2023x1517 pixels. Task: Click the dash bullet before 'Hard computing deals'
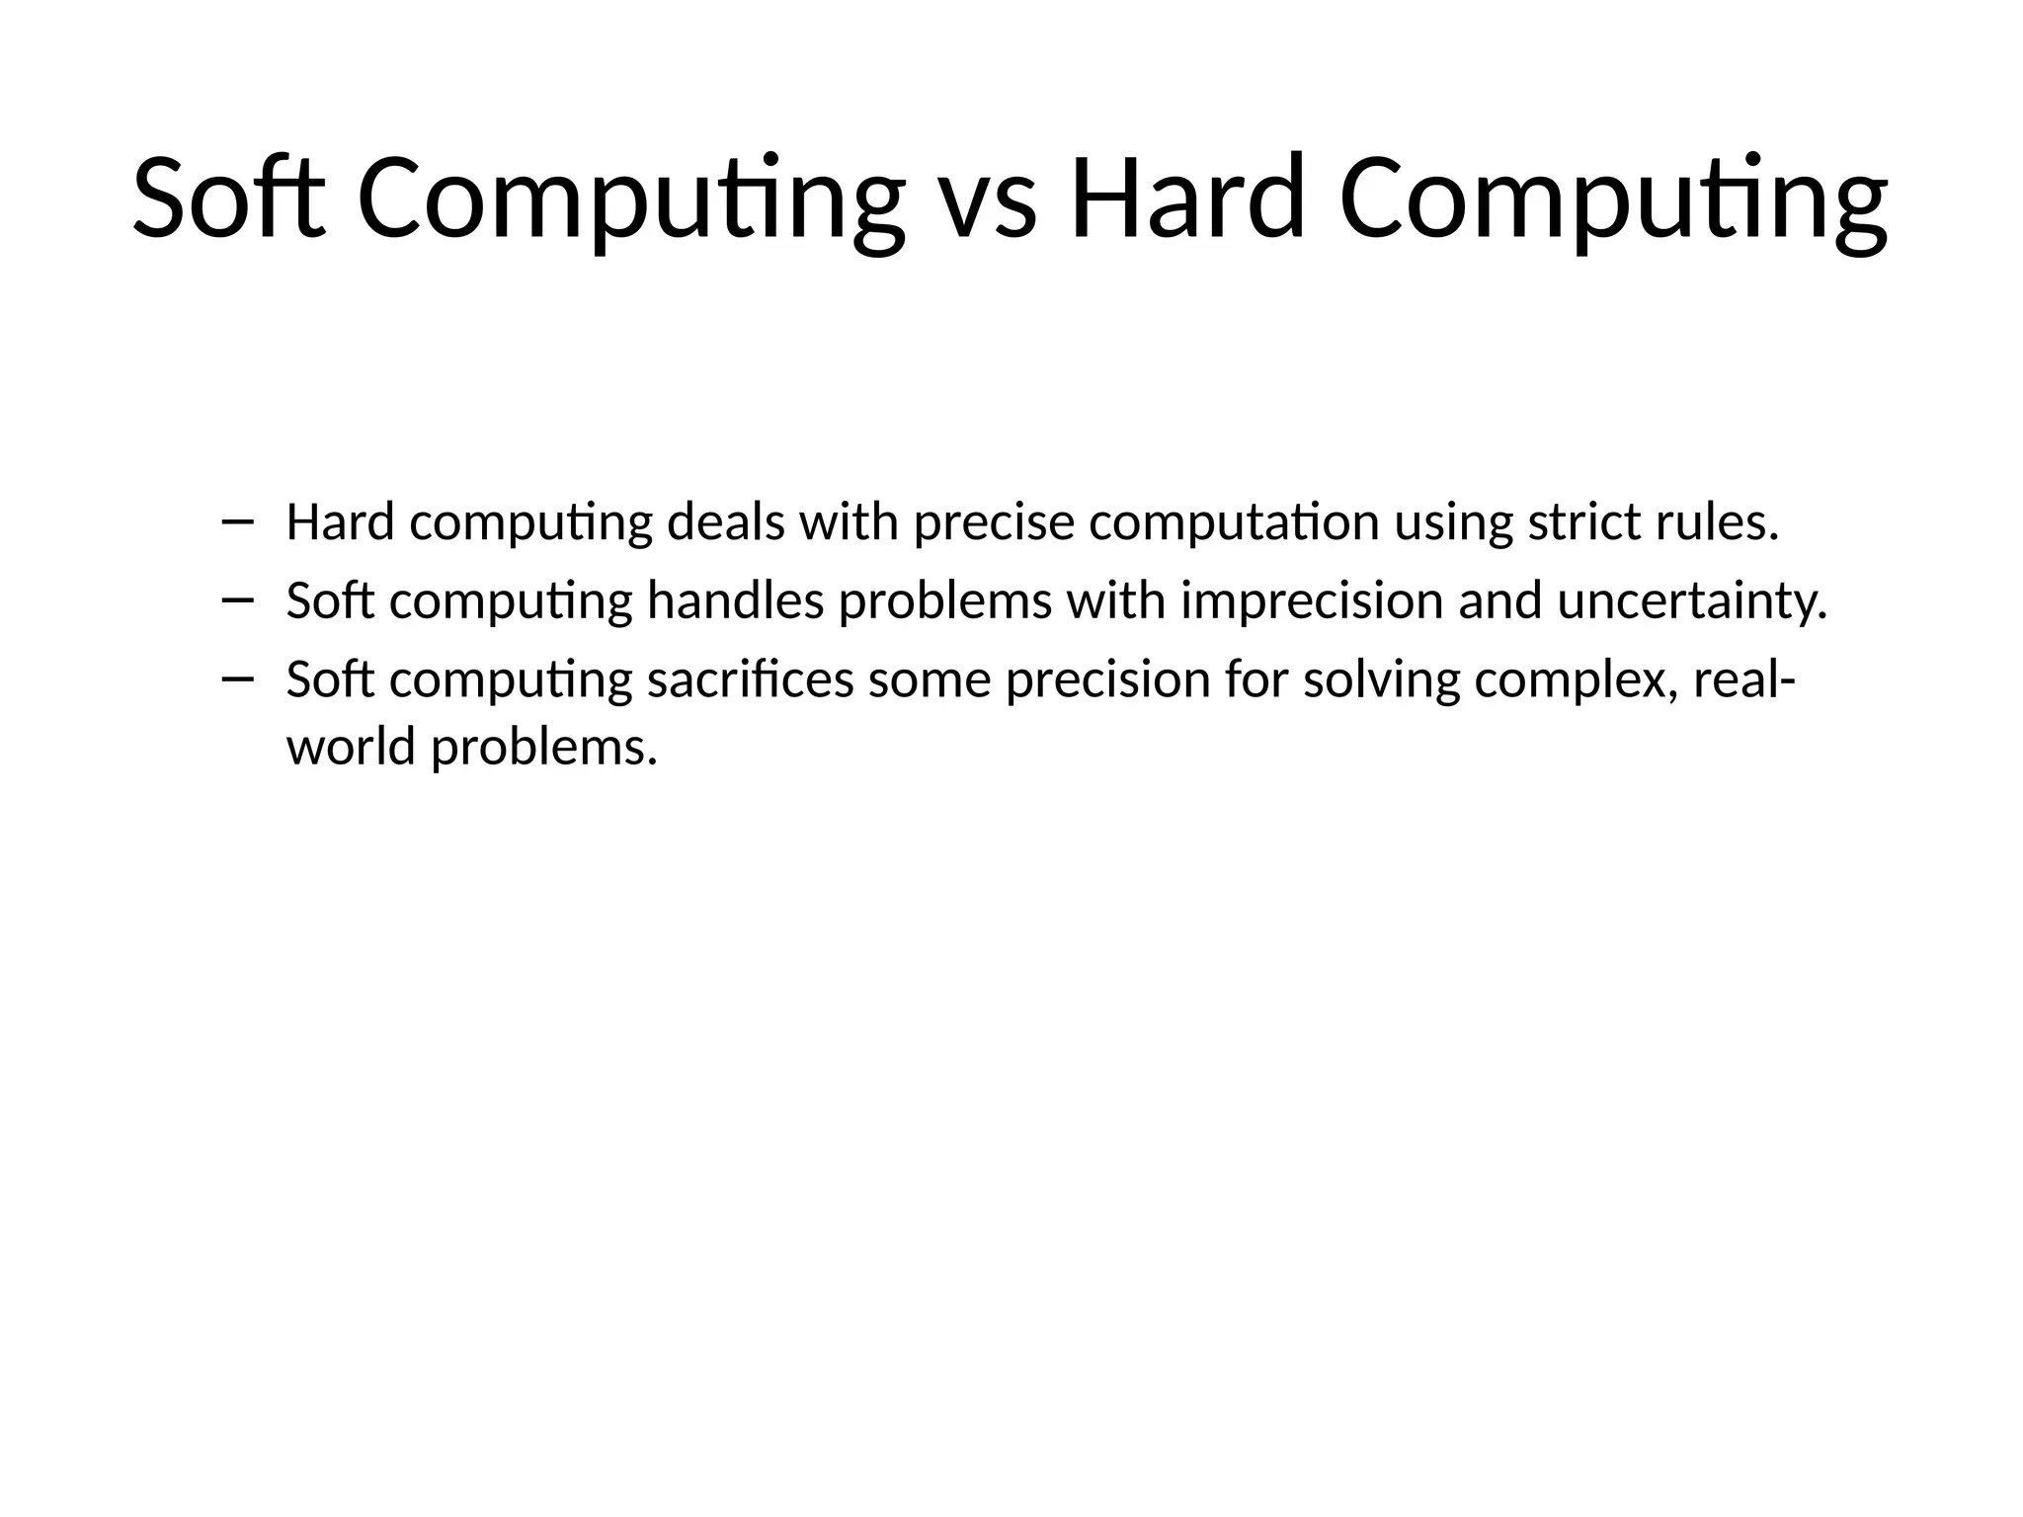[x=238, y=520]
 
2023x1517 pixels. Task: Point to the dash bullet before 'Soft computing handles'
[x=238, y=599]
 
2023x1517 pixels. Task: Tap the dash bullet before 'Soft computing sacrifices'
[x=238, y=678]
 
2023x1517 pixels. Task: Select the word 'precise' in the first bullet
[x=994, y=522]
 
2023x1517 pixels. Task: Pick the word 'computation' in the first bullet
[x=1234, y=524]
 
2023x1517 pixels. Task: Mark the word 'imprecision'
[x=1312, y=602]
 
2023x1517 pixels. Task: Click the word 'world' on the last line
[x=351, y=747]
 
